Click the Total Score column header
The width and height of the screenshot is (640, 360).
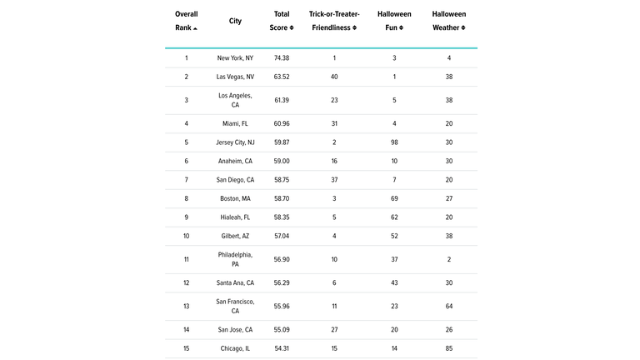(x=282, y=21)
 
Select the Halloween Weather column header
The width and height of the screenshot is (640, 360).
(x=448, y=21)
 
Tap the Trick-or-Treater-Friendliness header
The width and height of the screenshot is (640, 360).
(x=333, y=21)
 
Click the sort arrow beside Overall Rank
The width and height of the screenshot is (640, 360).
(x=196, y=28)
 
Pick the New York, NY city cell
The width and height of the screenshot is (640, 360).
(x=235, y=58)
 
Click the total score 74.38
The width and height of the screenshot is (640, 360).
(x=282, y=58)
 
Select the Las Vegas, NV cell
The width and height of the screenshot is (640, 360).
(x=235, y=77)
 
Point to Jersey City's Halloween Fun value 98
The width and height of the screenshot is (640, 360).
(x=394, y=142)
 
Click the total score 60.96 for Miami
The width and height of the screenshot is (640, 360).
(x=282, y=123)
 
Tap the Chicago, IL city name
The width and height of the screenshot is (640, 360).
(x=235, y=348)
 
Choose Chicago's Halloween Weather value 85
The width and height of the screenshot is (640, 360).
(x=448, y=348)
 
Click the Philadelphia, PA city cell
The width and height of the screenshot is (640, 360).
(x=235, y=259)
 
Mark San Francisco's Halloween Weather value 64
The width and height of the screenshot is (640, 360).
(x=448, y=306)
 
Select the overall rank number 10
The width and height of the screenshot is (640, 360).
(x=186, y=236)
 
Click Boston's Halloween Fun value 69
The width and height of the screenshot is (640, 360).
(x=394, y=198)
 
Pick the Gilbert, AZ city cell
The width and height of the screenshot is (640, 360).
(x=235, y=236)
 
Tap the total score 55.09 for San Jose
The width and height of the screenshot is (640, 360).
(x=282, y=329)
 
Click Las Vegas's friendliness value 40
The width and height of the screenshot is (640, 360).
(x=333, y=77)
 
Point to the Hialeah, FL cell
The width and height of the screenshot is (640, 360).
(x=235, y=217)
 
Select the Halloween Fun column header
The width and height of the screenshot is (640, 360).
(x=394, y=21)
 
